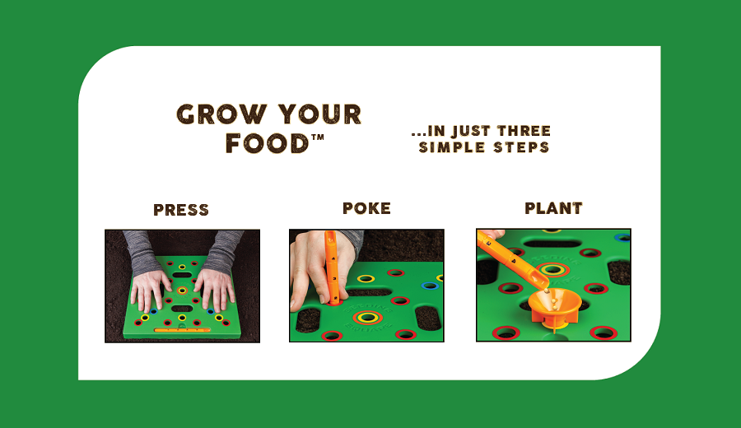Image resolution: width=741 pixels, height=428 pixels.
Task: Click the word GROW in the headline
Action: (x=221, y=114)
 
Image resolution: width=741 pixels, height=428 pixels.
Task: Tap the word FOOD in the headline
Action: (x=267, y=143)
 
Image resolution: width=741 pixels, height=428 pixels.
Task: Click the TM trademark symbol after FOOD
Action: (x=318, y=137)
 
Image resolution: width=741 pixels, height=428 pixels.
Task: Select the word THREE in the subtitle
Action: (x=524, y=131)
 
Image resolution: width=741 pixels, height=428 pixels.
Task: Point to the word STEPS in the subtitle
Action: (x=521, y=147)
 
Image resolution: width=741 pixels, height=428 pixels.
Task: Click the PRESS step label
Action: (x=181, y=210)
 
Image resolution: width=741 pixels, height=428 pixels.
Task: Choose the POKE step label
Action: (x=366, y=208)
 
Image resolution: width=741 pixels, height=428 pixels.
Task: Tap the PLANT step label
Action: (x=553, y=208)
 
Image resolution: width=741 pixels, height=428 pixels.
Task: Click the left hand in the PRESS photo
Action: (x=150, y=290)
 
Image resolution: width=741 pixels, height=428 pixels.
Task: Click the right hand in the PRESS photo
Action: (x=215, y=290)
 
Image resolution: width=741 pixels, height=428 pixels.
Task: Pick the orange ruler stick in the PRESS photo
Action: (x=182, y=330)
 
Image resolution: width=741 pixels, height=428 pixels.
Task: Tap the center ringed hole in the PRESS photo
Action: (x=182, y=291)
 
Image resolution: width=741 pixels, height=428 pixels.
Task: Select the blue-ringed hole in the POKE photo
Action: (x=429, y=286)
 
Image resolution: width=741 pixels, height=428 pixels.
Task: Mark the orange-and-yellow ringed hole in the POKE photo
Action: (x=367, y=318)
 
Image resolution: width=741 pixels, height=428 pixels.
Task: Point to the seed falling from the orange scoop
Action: (x=548, y=292)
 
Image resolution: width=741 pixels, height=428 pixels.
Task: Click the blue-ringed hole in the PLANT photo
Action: (x=622, y=238)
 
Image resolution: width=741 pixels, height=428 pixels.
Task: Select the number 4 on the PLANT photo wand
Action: (x=514, y=259)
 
